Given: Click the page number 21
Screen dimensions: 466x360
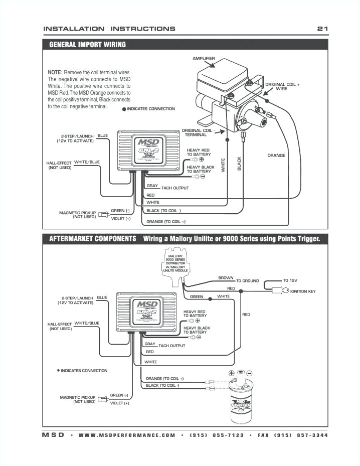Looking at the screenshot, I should click(x=322, y=29).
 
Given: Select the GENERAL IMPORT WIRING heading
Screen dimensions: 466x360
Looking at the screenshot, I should click(x=87, y=45).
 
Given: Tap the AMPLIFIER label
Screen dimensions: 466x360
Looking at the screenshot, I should click(x=204, y=59).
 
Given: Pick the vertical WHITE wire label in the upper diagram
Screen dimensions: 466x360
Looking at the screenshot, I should click(x=223, y=166).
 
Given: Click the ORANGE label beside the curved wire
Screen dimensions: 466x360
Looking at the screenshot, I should click(x=276, y=156).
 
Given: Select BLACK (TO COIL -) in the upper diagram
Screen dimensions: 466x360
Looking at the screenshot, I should click(x=163, y=211).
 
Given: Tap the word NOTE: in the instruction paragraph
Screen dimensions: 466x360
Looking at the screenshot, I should click(x=55, y=72).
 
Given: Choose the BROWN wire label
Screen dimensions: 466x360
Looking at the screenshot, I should click(x=226, y=277).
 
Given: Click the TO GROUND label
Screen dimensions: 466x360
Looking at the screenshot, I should click(x=248, y=281).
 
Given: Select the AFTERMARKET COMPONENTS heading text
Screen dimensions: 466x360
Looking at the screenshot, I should click(x=92, y=238).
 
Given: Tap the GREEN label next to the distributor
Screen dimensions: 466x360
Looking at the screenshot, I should click(x=197, y=296).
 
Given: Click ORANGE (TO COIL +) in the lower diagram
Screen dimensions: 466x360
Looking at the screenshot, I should click(x=164, y=378).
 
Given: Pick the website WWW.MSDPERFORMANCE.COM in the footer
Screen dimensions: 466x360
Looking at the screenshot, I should click(x=127, y=435).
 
